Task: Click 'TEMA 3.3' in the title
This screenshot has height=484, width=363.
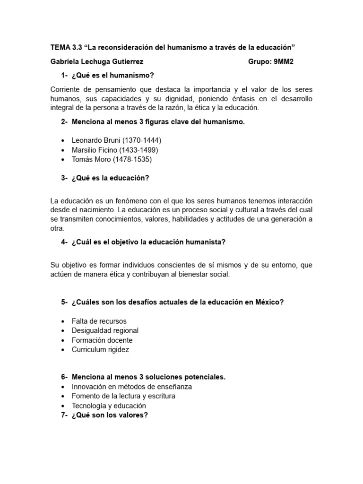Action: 65,48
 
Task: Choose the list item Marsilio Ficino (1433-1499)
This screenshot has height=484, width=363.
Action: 115,150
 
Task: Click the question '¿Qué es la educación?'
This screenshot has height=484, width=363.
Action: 110,178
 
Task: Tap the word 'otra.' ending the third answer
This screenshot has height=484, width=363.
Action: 58,228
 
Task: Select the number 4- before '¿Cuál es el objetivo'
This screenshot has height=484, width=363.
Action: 65,242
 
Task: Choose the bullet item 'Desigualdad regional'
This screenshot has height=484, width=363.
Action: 105,330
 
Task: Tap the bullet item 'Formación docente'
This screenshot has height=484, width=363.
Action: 102,340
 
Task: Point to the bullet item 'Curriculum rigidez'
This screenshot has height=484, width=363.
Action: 100,349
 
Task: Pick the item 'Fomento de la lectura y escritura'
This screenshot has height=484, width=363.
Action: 123,396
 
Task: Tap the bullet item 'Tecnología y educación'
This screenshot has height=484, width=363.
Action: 109,406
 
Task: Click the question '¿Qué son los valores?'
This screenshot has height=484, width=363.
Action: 110,415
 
